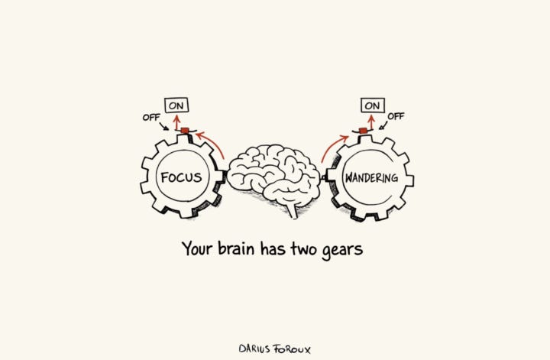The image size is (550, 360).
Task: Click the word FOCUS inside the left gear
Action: [x=181, y=178]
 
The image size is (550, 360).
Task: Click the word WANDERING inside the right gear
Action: [x=371, y=178]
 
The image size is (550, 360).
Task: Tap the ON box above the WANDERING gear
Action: [x=373, y=105]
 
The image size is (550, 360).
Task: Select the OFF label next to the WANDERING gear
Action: [x=396, y=116]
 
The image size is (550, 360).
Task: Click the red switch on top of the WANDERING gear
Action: [x=364, y=131]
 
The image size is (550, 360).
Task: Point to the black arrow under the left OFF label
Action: [x=165, y=127]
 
